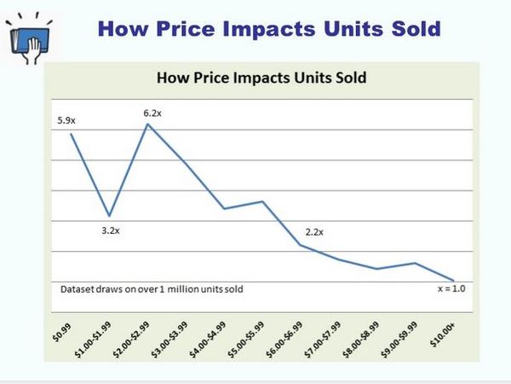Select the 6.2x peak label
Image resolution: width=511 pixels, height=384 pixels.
tap(152, 111)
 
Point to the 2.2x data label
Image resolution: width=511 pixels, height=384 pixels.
tap(314, 232)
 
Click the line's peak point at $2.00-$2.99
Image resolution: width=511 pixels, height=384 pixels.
tap(148, 124)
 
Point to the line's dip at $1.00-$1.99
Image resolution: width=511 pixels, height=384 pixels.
tap(109, 216)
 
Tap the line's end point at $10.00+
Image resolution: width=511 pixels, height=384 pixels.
tap(453, 280)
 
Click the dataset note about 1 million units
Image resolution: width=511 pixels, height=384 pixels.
tap(152, 289)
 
